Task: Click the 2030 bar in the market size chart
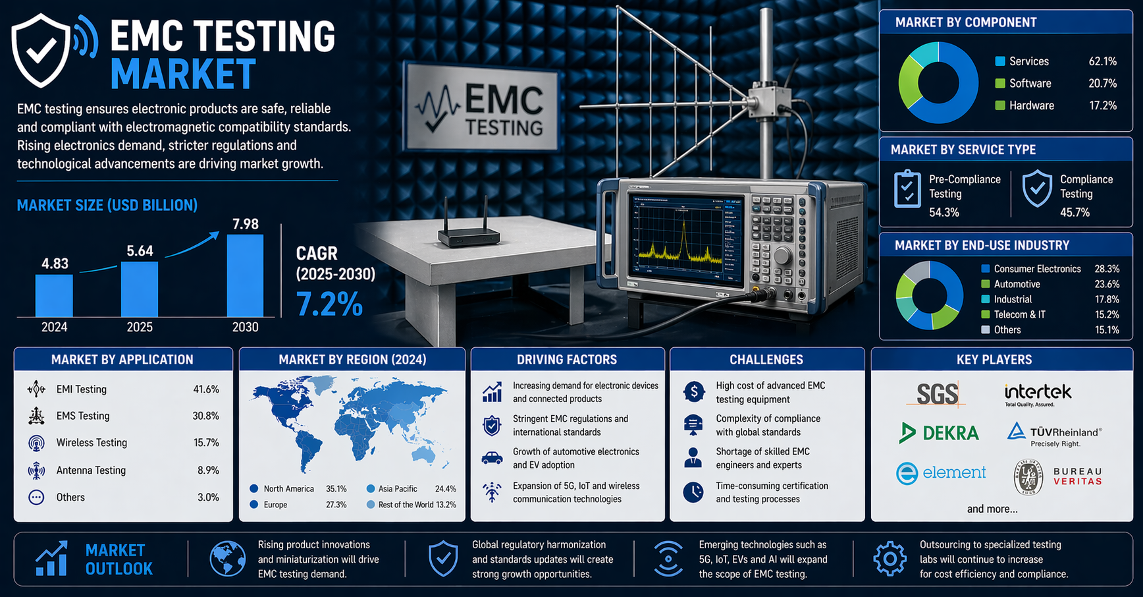[245, 276]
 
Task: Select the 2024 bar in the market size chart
[54, 296]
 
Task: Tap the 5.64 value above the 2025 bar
[140, 251]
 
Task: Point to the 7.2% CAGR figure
[329, 304]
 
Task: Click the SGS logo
[938, 394]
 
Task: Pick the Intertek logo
[1038, 394]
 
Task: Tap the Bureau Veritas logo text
[1077, 476]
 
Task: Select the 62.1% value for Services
[1103, 61]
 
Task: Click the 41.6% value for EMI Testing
[206, 389]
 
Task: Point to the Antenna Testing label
[91, 470]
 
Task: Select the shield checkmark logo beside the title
[41, 50]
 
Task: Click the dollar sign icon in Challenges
[693, 392]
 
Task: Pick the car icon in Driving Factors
[492, 458]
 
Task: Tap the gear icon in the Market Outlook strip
[890, 559]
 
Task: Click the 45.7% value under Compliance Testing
[1075, 212]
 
